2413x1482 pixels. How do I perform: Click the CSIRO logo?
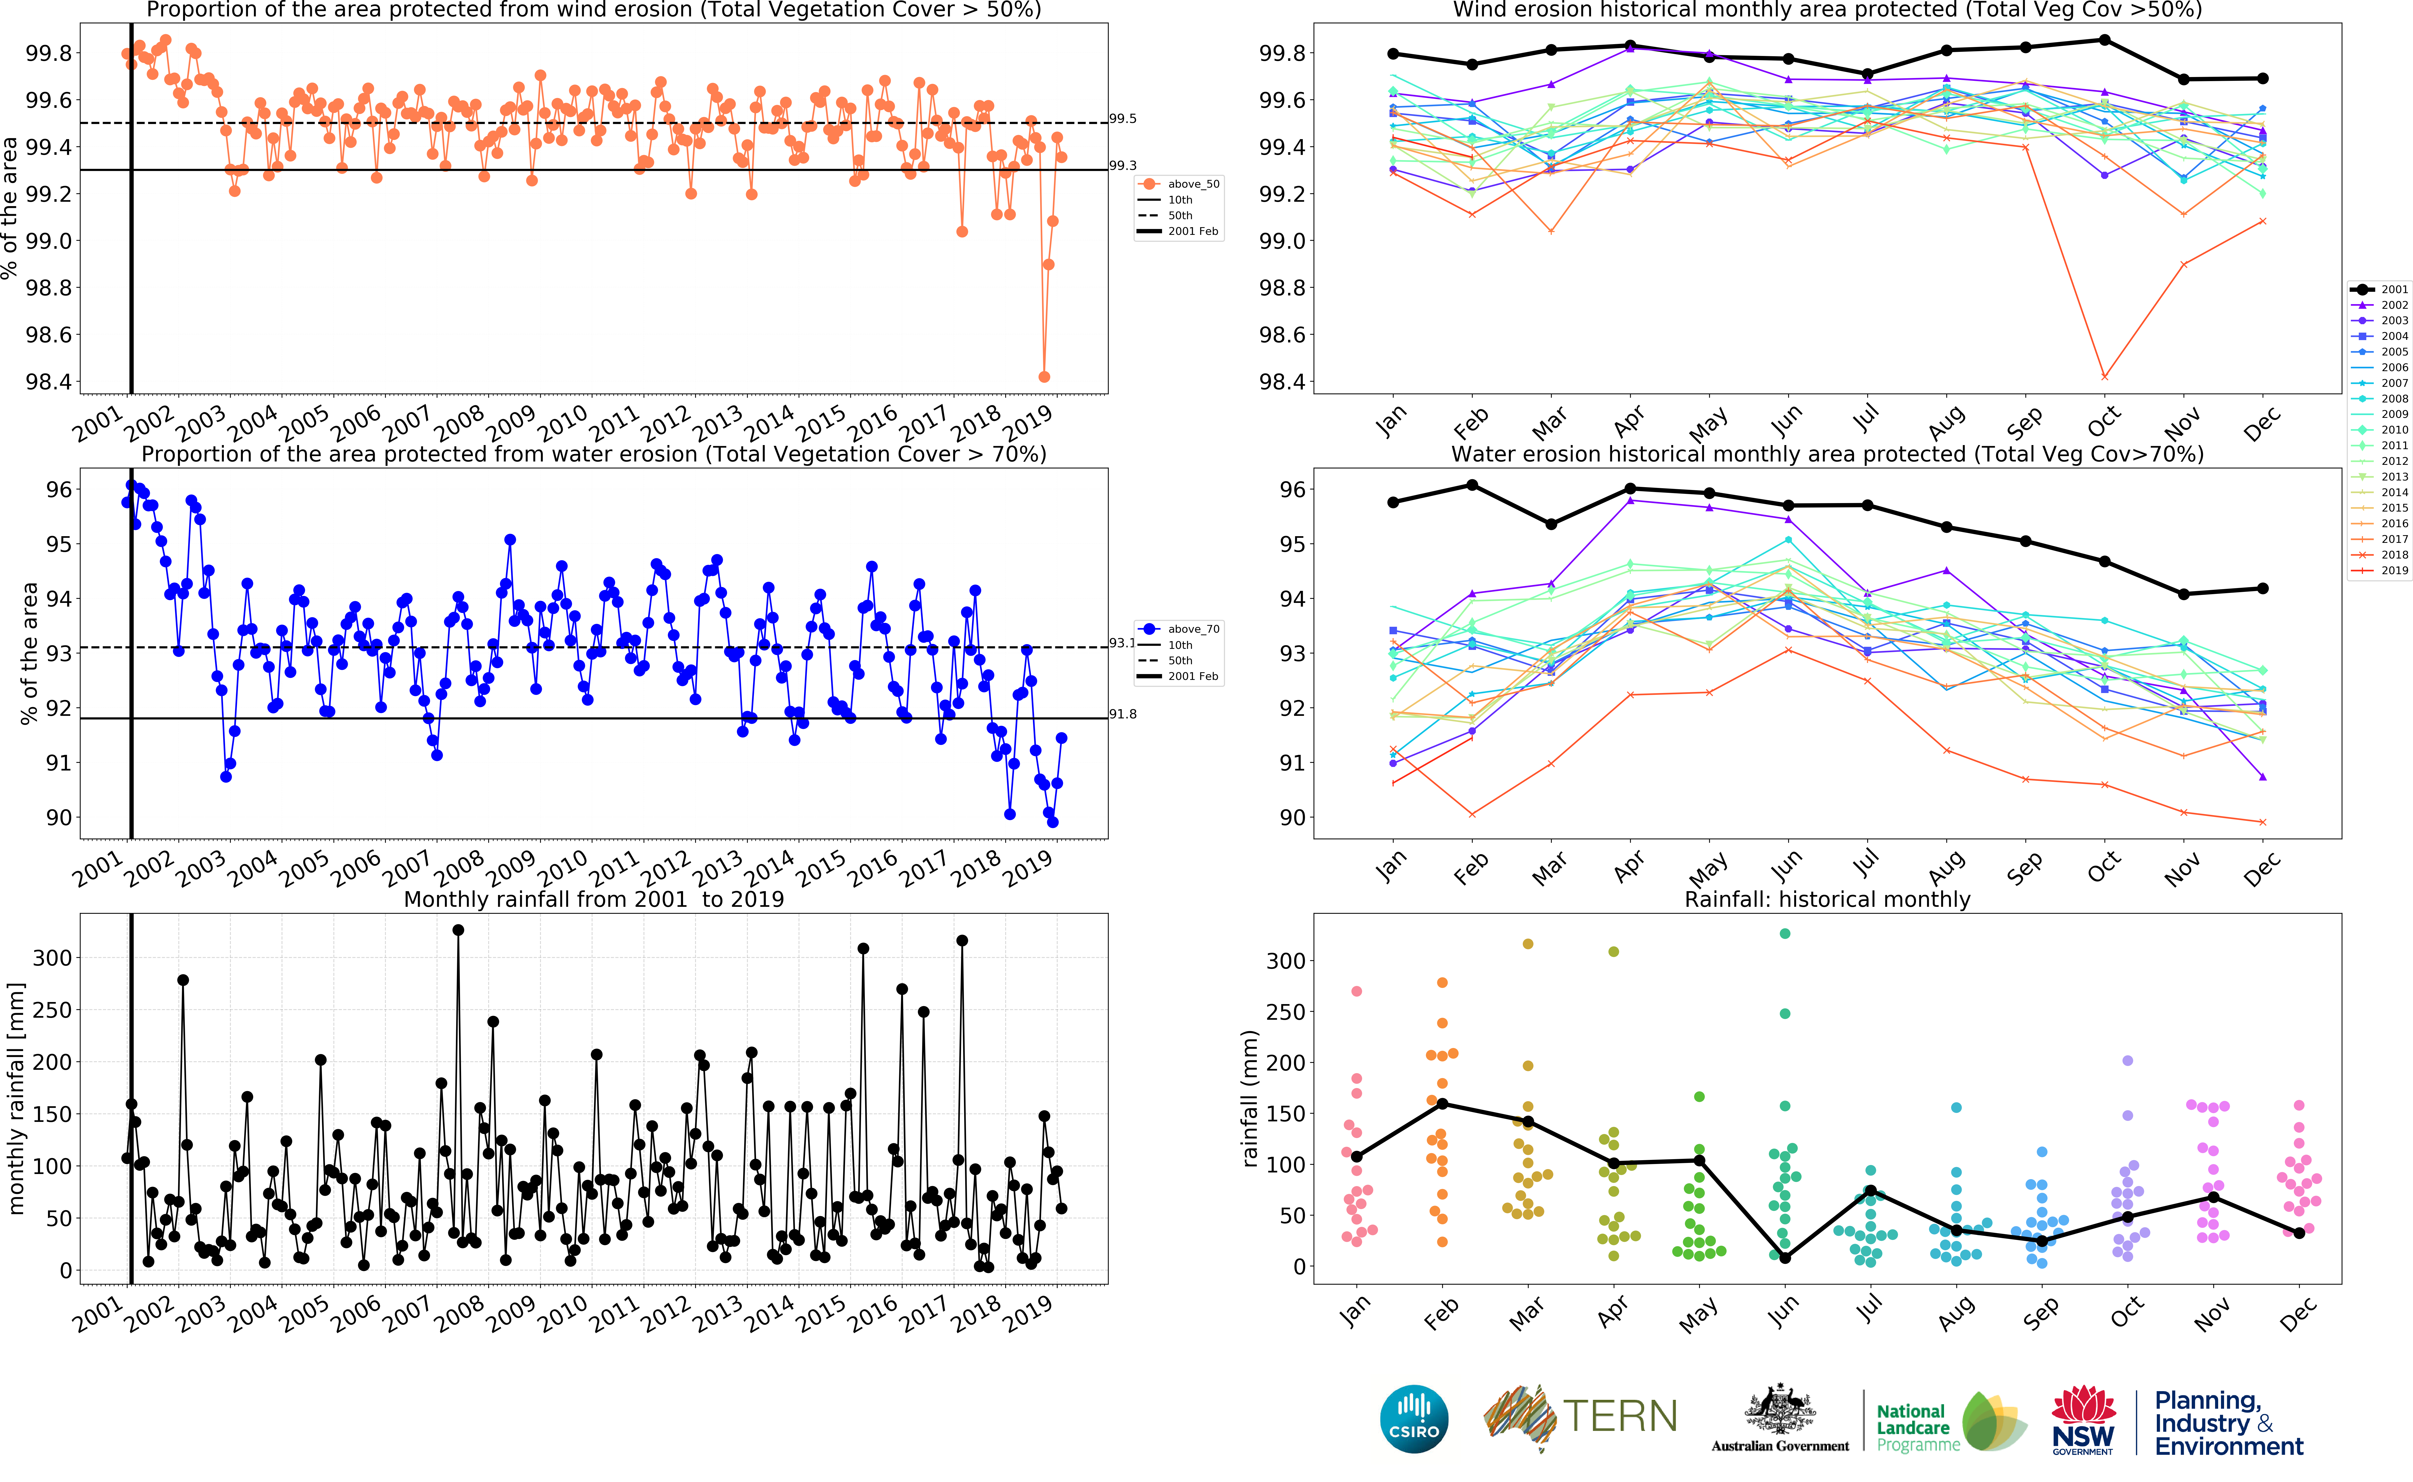click(x=1413, y=1418)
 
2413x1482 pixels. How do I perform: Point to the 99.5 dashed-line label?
click(x=1123, y=119)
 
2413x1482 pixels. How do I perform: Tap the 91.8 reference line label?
click(x=1123, y=714)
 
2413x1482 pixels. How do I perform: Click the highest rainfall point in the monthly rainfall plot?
click(x=458, y=930)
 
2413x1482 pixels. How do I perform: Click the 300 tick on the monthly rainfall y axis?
click(x=52, y=958)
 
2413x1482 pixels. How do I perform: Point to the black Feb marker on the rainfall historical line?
click(x=1442, y=1104)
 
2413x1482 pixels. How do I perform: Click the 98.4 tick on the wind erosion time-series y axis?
click(x=49, y=381)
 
